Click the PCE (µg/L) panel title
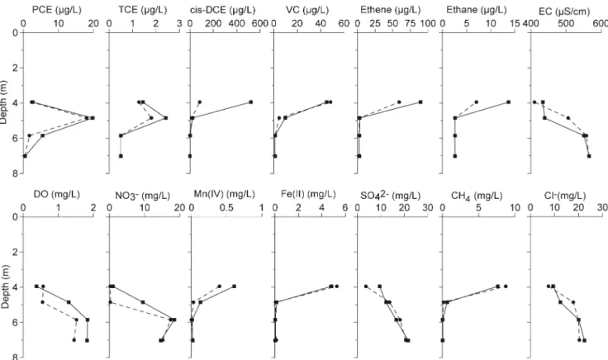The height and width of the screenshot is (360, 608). point(57,10)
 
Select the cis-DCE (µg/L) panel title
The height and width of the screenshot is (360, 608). point(222,10)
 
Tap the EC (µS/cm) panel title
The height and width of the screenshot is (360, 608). point(564,12)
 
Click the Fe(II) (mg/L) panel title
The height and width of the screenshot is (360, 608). point(308,194)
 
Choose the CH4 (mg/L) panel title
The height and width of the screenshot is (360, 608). point(477,196)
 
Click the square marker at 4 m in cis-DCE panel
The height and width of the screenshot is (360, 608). point(251,102)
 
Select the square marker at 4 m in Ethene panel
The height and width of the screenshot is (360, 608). point(420,102)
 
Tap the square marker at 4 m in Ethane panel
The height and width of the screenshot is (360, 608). point(508,102)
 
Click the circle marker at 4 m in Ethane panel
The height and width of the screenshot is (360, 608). point(477,102)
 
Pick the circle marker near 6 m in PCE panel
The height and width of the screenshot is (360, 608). point(30,135)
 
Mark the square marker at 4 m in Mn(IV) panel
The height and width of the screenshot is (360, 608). point(235,286)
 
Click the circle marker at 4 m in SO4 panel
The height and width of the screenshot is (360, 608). point(366,287)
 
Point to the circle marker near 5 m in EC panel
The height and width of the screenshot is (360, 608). point(568,118)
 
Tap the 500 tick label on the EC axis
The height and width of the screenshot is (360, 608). point(566,24)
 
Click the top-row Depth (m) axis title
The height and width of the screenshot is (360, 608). point(4,102)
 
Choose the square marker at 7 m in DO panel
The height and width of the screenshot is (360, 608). point(87,340)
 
